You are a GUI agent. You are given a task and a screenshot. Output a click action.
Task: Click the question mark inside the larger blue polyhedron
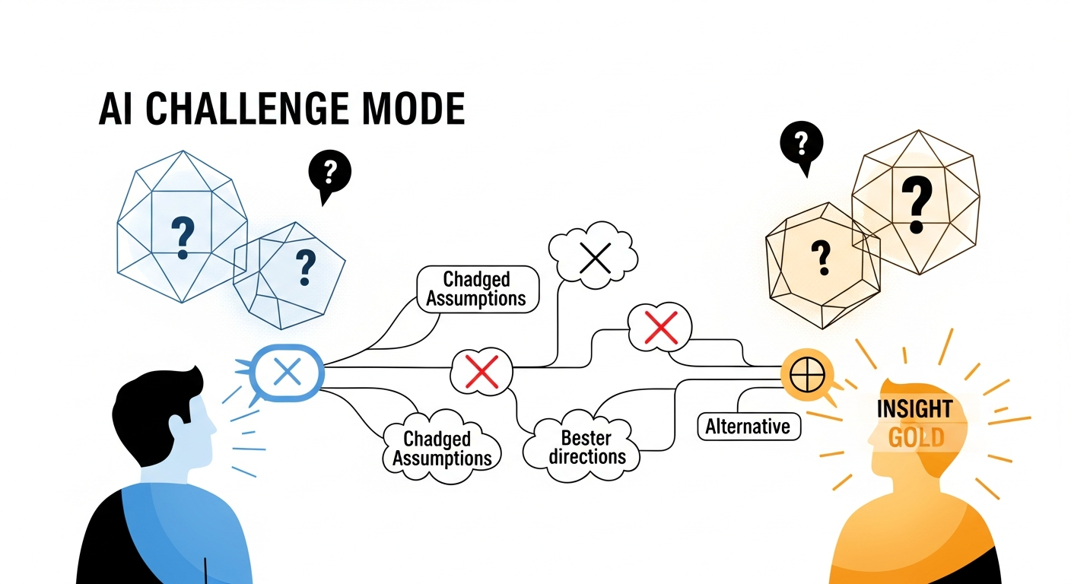(182, 236)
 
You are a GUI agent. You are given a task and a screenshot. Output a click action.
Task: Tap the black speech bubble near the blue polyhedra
(329, 173)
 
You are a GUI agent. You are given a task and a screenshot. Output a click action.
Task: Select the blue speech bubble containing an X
(288, 372)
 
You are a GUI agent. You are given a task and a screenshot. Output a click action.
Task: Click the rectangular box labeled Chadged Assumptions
(477, 289)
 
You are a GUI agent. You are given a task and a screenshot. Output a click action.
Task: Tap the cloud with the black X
(595, 258)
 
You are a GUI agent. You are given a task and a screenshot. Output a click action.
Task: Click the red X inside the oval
(481, 372)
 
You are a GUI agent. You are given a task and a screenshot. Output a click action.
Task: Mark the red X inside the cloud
(660, 328)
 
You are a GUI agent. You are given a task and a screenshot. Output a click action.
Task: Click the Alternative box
(748, 427)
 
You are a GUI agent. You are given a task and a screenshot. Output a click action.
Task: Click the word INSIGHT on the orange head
(914, 409)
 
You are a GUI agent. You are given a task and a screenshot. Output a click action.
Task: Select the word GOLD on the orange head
(916, 437)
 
